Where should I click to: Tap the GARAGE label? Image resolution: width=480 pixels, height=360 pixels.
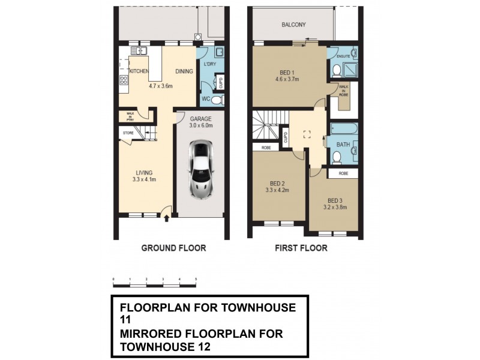[x=200, y=119]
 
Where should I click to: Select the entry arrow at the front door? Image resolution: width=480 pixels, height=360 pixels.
[x=166, y=218]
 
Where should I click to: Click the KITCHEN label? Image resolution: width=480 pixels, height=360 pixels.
[x=139, y=71]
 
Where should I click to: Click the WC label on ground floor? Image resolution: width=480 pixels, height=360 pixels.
[x=205, y=99]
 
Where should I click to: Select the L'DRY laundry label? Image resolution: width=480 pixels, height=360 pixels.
[x=209, y=64]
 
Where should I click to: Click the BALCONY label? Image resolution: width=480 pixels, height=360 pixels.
[x=294, y=25]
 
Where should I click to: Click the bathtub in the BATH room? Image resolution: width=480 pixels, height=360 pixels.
[x=343, y=129]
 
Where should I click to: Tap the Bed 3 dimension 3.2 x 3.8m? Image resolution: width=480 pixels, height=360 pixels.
[x=337, y=208]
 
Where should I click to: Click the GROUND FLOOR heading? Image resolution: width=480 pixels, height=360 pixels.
[x=173, y=248]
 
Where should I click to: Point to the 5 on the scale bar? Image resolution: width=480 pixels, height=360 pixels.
[x=197, y=280]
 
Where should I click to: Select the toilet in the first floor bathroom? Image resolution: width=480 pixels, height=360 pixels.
[x=337, y=158]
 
